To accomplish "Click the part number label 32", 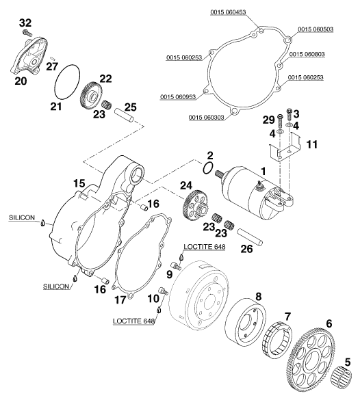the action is point(25,23).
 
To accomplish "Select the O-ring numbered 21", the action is point(67,81).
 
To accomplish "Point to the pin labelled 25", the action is point(125,116).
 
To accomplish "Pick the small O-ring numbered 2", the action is point(208,168).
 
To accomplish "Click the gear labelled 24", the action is point(196,206).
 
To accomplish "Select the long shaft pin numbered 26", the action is point(249,236).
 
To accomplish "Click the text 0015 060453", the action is point(228,12).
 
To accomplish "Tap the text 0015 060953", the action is point(178,96).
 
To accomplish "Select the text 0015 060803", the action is point(307,54).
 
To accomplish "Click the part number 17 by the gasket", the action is point(120,299).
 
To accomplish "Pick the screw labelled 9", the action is point(176,265).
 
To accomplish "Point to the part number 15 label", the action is point(79,183).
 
